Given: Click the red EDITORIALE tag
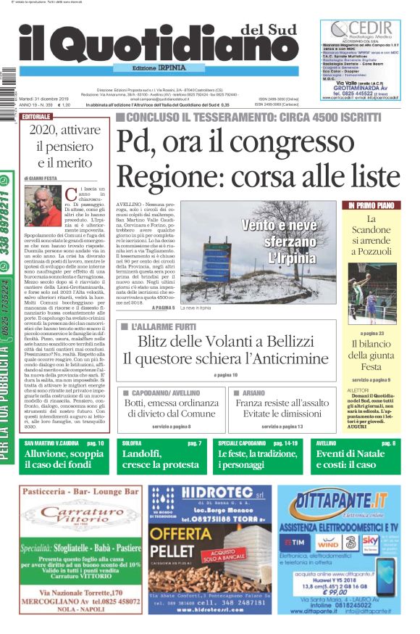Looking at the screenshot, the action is coord(36,116).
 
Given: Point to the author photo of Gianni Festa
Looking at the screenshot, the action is coord(44,207).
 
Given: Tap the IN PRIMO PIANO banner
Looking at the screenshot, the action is coord(370,205).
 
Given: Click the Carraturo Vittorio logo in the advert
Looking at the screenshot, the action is coord(78,515).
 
